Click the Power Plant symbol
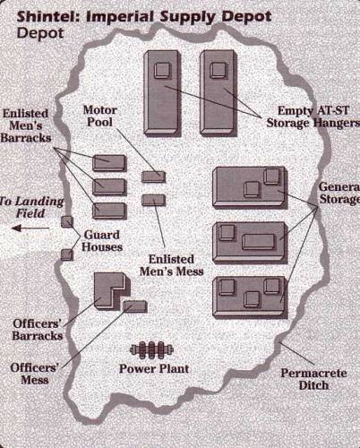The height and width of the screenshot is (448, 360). click(x=152, y=349)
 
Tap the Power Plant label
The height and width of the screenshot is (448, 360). click(x=154, y=368)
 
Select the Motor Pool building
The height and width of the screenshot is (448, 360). click(x=153, y=177)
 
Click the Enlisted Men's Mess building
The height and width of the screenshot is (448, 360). click(x=153, y=200)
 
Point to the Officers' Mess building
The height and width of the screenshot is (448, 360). click(x=135, y=306)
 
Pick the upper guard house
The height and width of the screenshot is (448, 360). click(x=67, y=222)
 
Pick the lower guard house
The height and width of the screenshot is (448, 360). click(x=67, y=254)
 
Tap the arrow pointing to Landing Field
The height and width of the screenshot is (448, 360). click(x=30, y=228)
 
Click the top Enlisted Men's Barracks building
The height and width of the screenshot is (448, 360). click(x=109, y=163)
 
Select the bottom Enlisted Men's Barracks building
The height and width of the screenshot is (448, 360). click(x=109, y=211)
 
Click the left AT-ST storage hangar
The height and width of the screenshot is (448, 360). click(x=162, y=93)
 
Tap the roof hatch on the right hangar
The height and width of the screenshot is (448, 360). click(x=218, y=71)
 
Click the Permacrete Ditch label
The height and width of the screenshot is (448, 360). click(x=313, y=379)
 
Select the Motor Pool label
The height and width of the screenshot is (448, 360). click(x=99, y=116)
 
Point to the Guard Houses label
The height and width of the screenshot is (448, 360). click(x=102, y=241)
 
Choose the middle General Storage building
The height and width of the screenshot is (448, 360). click(x=250, y=243)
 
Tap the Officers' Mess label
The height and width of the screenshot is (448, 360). click(x=34, y=374)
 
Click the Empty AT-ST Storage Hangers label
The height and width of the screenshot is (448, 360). click(x=313, y=116)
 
